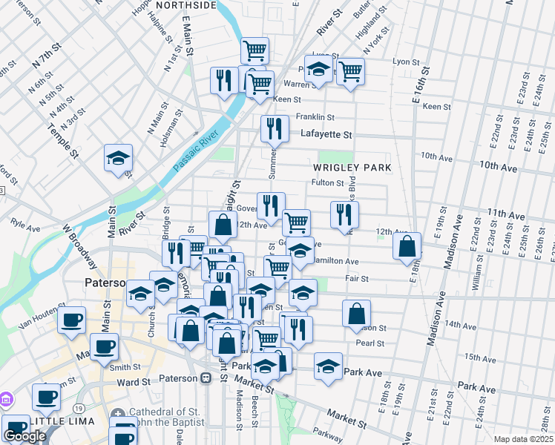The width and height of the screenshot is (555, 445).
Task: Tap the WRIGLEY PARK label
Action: point(351,168)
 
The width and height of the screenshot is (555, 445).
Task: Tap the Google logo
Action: point(24,436)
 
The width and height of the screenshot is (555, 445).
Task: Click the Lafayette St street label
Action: point(325,134)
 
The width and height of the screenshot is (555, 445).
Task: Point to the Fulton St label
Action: point(327,182)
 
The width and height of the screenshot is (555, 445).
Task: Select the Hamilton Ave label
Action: point(336,261)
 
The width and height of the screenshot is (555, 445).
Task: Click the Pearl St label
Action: point(370,343)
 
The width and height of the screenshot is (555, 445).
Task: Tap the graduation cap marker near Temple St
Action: point(118,158)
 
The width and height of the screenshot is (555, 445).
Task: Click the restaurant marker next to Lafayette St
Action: point(275,128)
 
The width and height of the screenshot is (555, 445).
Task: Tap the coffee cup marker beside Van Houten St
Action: point(71,320)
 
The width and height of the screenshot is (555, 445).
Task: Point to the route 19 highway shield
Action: point(79,407)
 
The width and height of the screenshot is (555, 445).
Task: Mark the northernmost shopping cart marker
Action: point(254,50)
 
